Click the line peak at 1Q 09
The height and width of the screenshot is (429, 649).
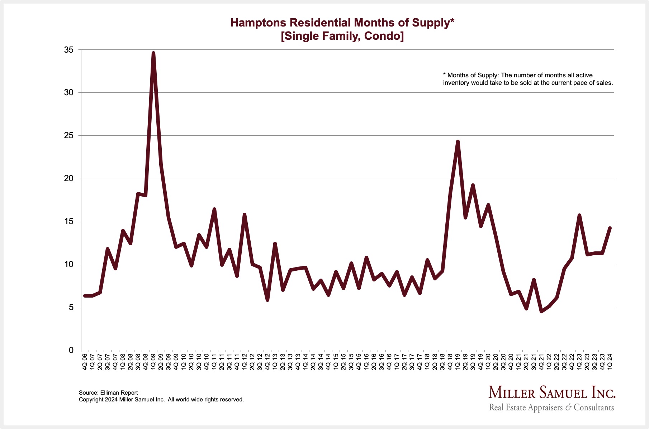coord(153,53)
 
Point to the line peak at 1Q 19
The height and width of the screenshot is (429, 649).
coord(458,141)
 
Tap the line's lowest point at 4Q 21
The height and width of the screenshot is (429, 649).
coord(541,312)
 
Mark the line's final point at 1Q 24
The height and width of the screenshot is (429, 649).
coord(610,228)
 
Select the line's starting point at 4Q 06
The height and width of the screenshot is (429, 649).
coord(85,296)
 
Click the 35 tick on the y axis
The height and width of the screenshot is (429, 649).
coord(69,50)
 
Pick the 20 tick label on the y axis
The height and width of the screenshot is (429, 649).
coord(69,178)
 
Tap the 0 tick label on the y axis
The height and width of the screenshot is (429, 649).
coord(71,350)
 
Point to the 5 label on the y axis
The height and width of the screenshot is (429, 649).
coord(71,307)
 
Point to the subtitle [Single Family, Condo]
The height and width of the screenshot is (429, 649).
coord(342,36)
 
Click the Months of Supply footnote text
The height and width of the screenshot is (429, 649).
coord(528,79)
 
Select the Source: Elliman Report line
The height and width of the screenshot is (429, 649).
coord(108,392)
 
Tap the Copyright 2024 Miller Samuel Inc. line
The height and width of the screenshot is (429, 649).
coord(161,399)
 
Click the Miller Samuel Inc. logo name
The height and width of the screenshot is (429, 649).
coord(552,392)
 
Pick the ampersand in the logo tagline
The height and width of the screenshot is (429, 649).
coord(568,408)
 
